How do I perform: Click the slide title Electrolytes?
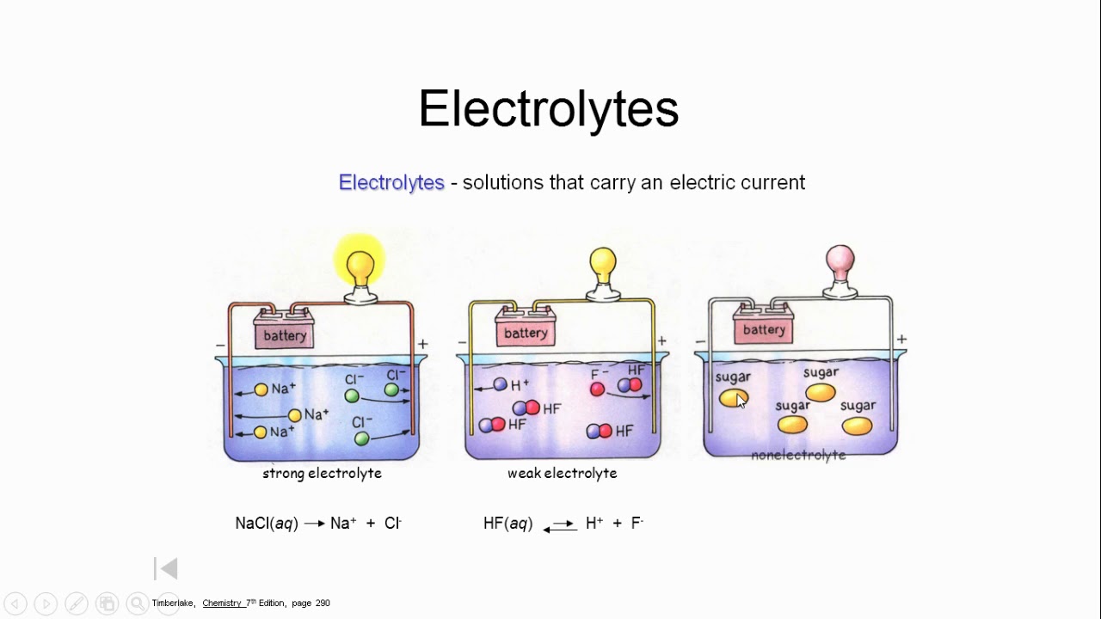tap(549, 110)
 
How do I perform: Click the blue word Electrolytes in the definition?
tap(391, 182)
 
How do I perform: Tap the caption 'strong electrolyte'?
tap(322, 473)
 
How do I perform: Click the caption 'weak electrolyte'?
tap(562, 473)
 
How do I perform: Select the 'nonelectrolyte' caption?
tap(798, 455)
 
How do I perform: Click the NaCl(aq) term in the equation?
tap(267, 523)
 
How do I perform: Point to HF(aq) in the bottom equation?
tap(508, 523)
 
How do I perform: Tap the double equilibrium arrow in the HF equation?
tap(560, 525)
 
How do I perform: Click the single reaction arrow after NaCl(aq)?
tap(314, 524)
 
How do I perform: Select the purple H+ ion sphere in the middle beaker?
tap(500, 385)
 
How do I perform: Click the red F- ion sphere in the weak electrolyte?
tap(597, 389)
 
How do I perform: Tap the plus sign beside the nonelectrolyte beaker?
tap(901, 340)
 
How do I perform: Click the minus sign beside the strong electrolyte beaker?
tap(221, 346)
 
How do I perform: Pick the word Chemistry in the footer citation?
tap(222, 604)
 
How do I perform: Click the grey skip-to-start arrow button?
tap(167, 568)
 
